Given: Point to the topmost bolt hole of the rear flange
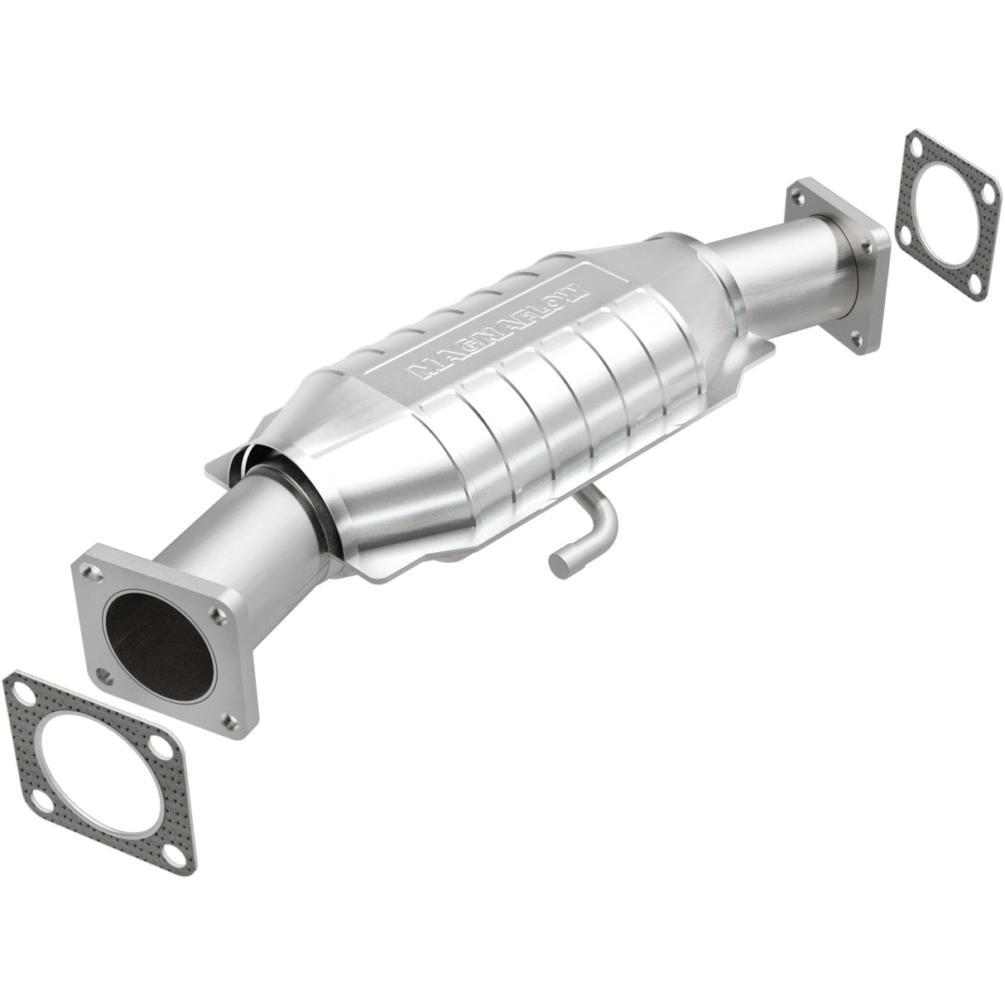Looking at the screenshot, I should pos(796,195).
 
